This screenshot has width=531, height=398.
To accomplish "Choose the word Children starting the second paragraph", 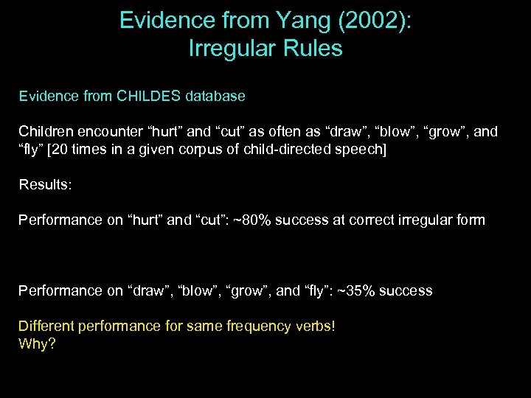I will [x=46, y=132].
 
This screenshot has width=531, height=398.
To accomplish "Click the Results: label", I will [x=45, y=184].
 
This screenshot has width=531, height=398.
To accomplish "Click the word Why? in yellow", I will [x=37, y=343].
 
